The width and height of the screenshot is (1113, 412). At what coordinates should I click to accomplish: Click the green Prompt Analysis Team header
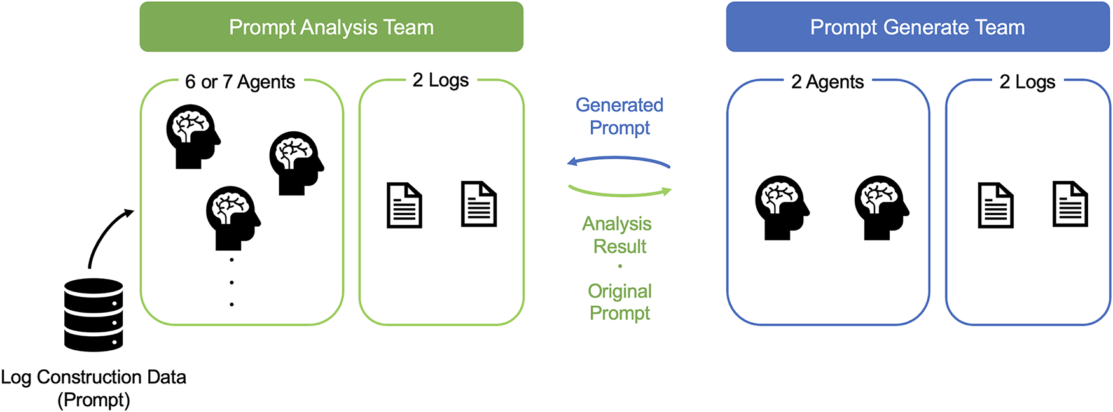(331, 27)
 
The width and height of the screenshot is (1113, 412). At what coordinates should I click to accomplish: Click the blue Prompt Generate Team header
(918, 27)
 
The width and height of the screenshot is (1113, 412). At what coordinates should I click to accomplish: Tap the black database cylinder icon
(93, 315)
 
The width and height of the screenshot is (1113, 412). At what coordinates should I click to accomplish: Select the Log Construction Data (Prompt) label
(93, 388)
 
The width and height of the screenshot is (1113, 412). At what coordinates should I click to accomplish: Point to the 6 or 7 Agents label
(240, 82)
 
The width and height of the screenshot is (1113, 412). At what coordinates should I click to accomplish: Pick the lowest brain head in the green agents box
(233, 218)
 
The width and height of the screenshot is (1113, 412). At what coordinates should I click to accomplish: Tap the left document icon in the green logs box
(404, 205)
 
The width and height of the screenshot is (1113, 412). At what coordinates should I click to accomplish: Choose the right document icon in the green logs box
(479, 204)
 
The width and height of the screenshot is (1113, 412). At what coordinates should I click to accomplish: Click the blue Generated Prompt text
(619, 116)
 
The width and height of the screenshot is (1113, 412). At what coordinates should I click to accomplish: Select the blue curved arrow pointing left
(618, 159)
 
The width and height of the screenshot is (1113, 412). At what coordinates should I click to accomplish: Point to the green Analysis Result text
(618, 235)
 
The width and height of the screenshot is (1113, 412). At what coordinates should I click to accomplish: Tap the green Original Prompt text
(620, 302)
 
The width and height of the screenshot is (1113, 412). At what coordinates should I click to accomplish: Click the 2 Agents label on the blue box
(827, 82)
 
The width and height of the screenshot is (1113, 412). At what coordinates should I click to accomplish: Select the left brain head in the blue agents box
(782, 208)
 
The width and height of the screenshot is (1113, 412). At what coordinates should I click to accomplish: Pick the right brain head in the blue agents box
(881, 208)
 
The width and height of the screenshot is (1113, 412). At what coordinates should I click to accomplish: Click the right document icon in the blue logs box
(1070, 204)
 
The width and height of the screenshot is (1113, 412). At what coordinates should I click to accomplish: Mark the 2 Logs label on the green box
(441, 80)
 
